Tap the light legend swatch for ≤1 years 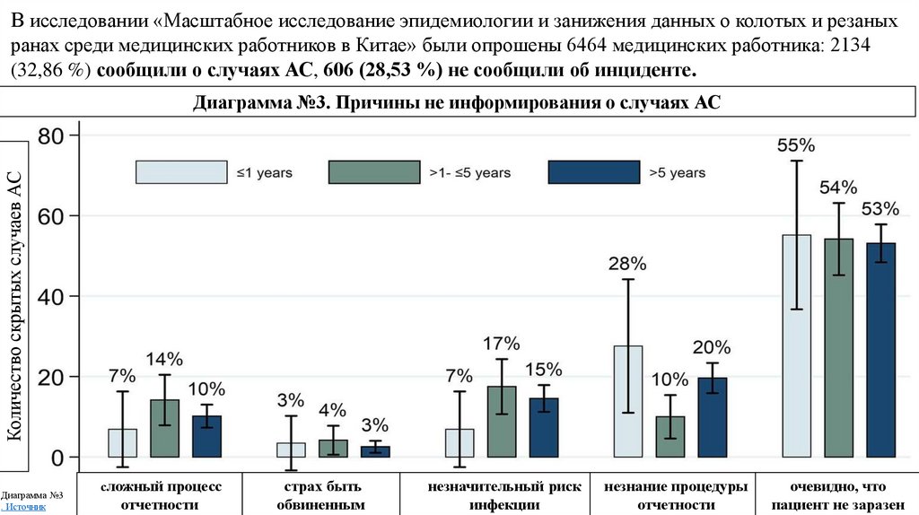tap(180, 172)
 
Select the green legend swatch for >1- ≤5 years tap(374, 172)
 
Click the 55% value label tap(796, 145)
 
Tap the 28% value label tap(627, 264)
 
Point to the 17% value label tap(502, 344)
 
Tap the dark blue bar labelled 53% tap(880, 350)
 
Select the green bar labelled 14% tap(164, 428)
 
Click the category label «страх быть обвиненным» tap(323, 496)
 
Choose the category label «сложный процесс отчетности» tap(161, 496)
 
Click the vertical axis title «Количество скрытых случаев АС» tap(15, 295)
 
